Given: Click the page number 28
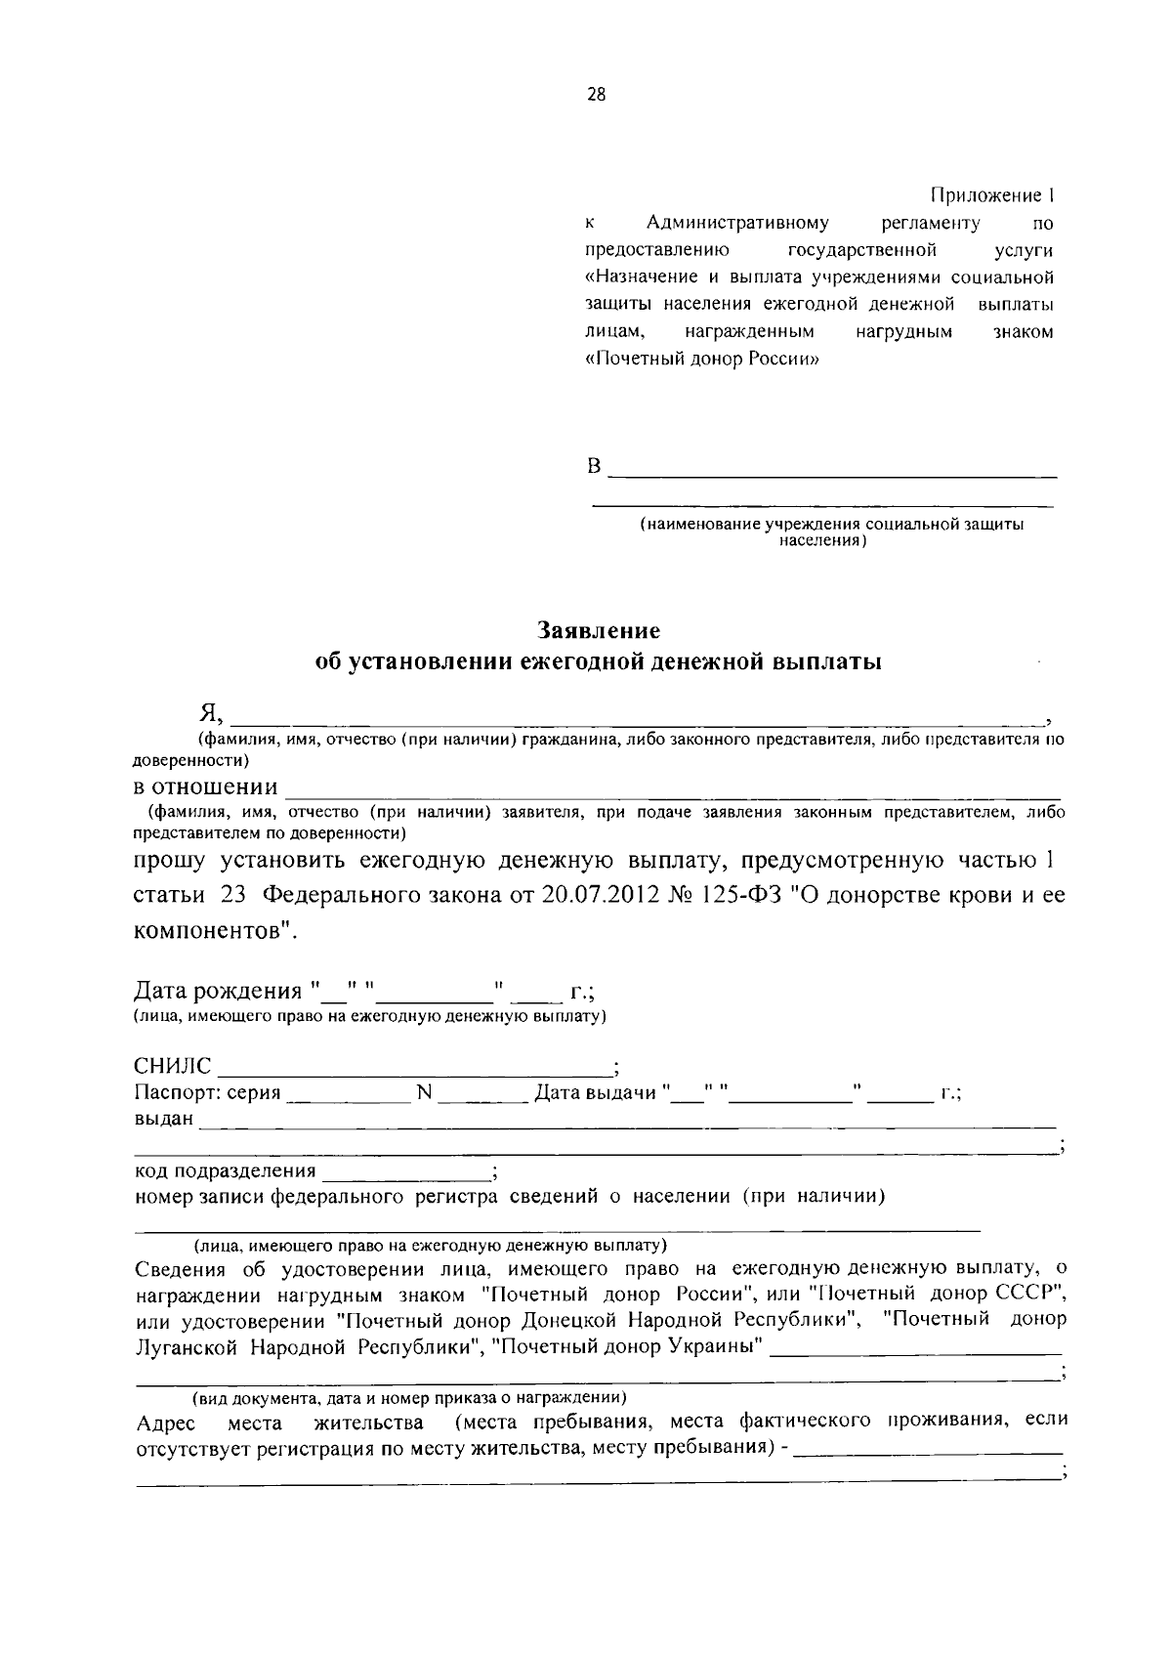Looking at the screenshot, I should (x=596, y=95).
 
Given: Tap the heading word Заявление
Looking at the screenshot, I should (x=599, y=630).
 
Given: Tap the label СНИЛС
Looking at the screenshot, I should (x=172, y=1066).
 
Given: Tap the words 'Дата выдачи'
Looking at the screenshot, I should (x=595, y=1093).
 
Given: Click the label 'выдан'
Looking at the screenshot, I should (x=163, y=1119).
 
